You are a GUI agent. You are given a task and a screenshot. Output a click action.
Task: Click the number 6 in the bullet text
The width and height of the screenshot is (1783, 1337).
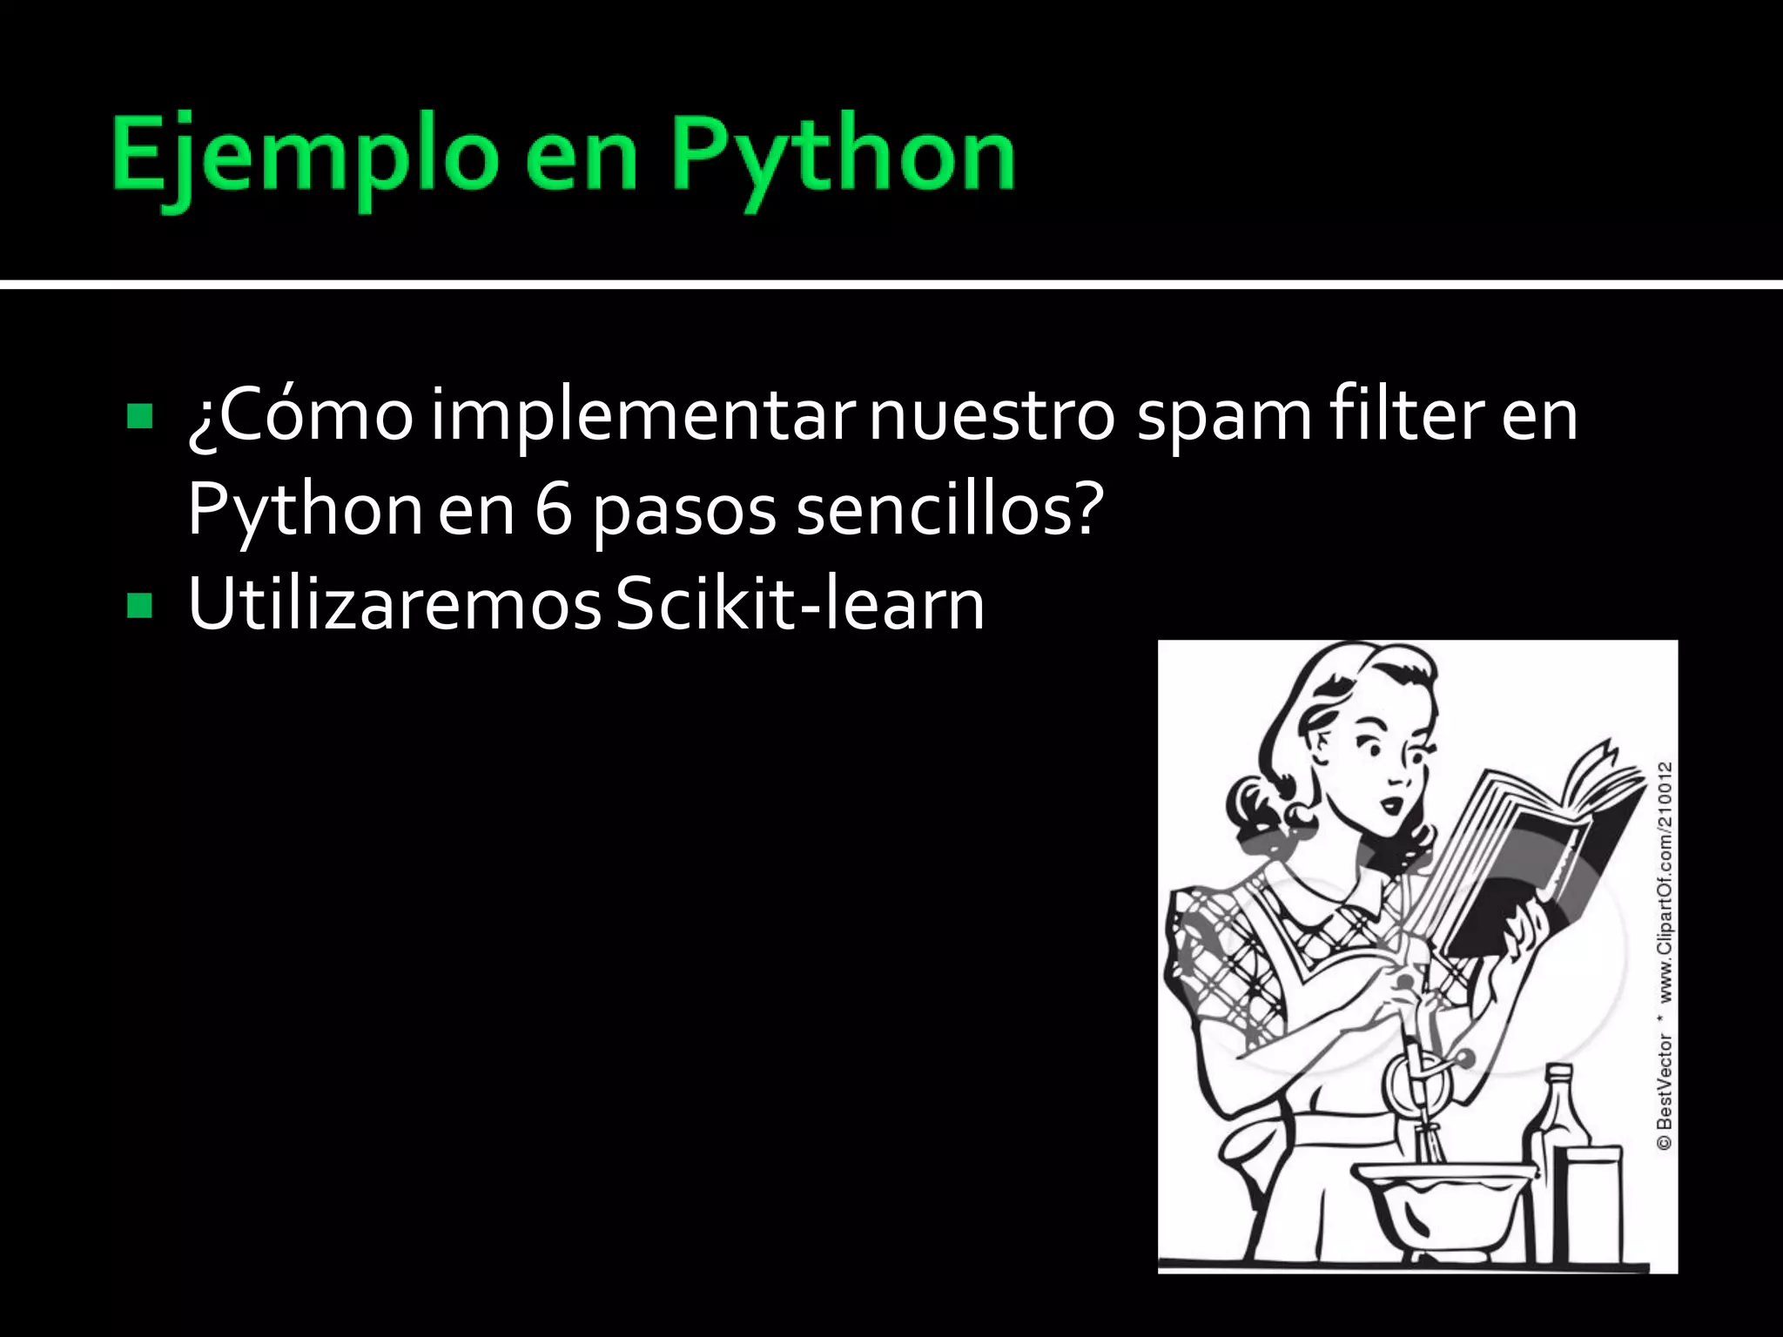click(554, 510)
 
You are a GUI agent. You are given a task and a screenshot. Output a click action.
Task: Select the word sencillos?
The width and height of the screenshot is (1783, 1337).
click(949, 510)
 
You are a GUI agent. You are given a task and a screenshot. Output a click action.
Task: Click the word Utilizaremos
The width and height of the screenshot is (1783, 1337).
click(394, 604)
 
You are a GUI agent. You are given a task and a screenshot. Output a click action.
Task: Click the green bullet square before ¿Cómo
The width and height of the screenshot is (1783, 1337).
click(139, 416)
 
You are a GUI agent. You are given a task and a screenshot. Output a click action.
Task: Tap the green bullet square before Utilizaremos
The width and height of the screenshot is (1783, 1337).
click(139, 605)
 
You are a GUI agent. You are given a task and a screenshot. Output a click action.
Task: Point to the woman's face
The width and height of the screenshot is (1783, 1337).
click(1384, 766)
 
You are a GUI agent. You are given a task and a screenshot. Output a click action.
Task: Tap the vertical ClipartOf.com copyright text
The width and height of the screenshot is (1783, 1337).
click(1664, 957)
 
